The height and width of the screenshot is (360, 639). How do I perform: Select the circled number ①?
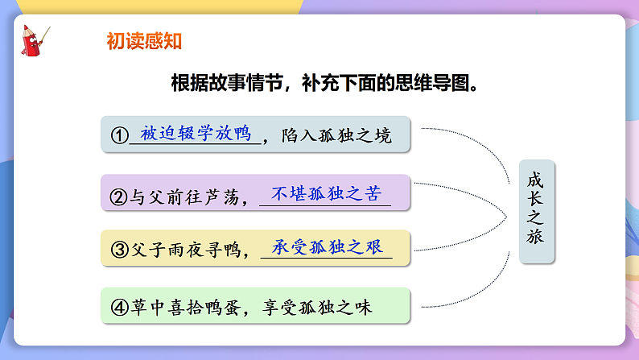coord(120,135)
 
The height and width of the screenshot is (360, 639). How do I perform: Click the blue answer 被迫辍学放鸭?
coord(196,133)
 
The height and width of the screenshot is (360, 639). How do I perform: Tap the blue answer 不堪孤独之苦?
coord(325,193)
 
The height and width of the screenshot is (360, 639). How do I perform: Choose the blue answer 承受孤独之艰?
coord(326,246)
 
